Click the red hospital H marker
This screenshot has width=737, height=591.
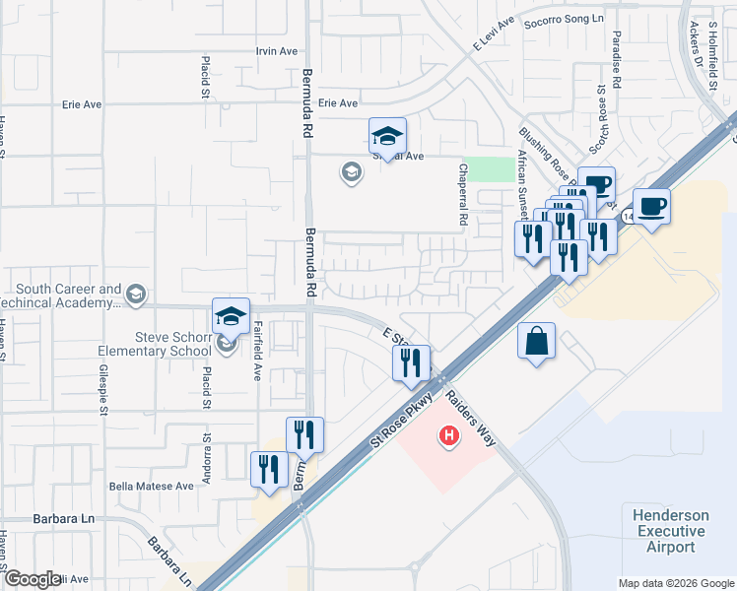click(450, 434)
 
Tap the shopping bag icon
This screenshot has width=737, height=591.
click(536, 342)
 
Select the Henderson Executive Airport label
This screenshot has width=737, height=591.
click(670, 531)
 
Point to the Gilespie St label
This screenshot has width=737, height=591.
click(101, 390)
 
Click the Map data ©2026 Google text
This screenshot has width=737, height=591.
click(675, 583)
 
